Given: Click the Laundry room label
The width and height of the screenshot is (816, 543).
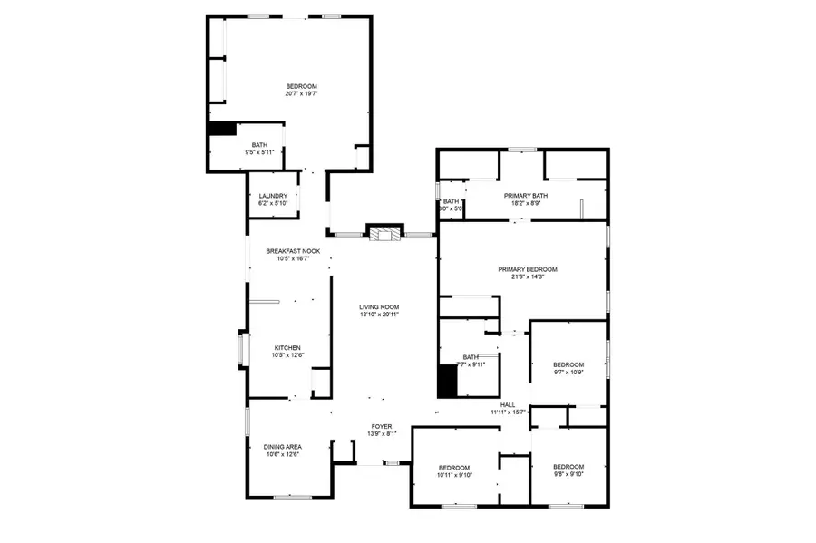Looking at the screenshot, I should [x=273, y=196].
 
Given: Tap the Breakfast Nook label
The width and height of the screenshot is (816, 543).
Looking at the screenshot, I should [x=292, y=251].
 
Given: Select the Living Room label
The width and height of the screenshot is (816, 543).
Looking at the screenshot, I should [x=379, y=307].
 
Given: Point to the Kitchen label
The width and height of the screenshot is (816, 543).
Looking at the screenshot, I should [x=287, y=347].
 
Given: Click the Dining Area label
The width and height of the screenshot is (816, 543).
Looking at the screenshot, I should [x=282, y=446].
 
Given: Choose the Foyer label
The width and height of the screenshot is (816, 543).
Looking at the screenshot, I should [x=381, y=426].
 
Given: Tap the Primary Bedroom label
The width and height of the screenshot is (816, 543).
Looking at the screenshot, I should [x=527, y=269].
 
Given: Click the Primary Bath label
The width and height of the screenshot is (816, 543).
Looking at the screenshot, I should [x=526, y=195].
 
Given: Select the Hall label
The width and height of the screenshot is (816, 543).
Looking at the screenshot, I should [x=508, y=404].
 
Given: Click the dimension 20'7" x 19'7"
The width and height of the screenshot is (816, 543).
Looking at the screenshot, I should [x=301, y=93].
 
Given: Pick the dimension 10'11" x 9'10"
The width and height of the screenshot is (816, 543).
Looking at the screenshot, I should [x=454, y=474].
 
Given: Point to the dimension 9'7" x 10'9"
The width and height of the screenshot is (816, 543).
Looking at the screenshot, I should [x=568, y=372].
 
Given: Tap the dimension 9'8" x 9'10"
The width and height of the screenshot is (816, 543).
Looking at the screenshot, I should [x=568, y=474].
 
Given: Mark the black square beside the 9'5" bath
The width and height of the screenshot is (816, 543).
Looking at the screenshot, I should [x=221, y=129].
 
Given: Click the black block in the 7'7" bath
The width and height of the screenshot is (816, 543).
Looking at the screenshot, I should [x=447, y=381].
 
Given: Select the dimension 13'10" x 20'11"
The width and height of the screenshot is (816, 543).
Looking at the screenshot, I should [x=379, y=315].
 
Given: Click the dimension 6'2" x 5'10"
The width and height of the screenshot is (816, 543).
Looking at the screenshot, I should [x=273, y=203].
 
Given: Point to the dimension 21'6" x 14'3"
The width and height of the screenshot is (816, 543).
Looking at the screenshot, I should [x=527, y=277].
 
